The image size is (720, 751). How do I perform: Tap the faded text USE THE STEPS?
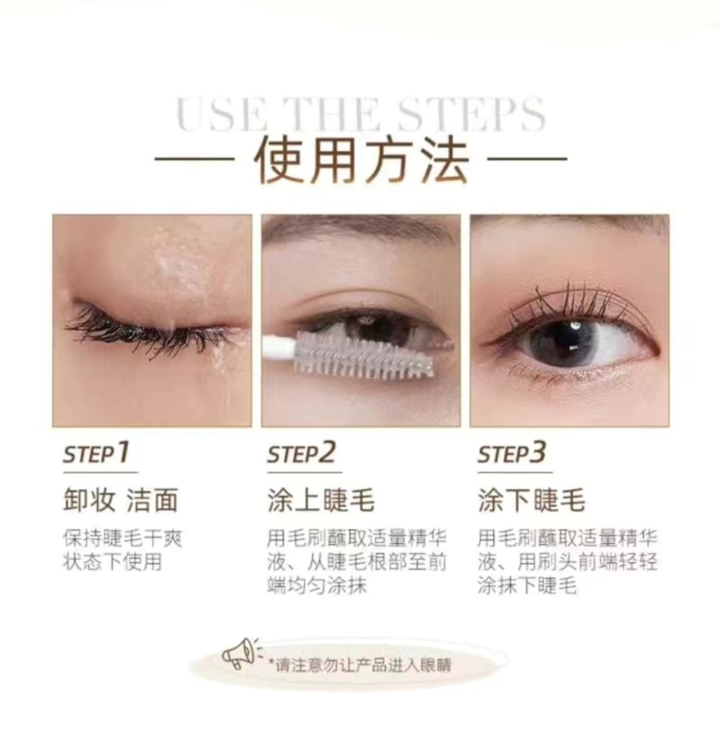[361, 114]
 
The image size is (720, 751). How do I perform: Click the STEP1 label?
[96, 453]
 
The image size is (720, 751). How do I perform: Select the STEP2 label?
[301, 453]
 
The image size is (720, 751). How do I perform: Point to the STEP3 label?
[512, 453]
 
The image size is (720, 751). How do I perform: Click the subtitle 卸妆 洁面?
[121, 500]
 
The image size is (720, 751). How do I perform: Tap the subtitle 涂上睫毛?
[321, 500]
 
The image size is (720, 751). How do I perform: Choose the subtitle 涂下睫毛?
[531, 500]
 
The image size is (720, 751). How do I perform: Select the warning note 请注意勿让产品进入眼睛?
[360, 665]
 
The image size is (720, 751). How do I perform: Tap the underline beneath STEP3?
[515, 472]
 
